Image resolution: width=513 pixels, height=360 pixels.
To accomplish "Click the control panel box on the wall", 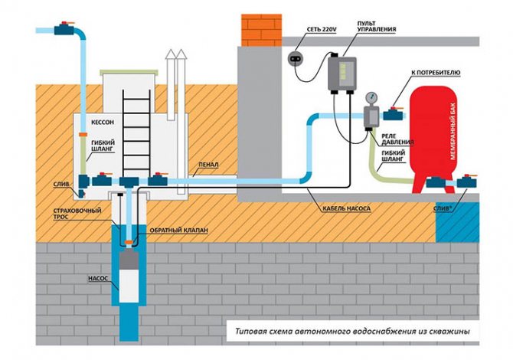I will [x=341, y=75].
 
